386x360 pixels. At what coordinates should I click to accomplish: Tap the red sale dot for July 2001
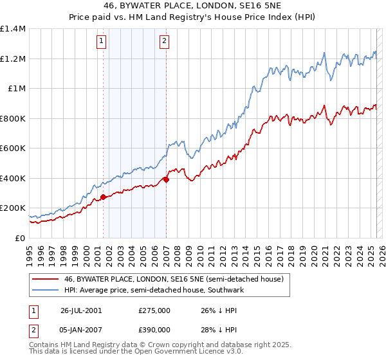[x=104, y=197]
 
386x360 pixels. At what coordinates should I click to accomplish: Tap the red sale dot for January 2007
[x=166, y=180]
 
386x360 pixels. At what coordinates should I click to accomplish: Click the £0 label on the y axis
[x=19, y=238]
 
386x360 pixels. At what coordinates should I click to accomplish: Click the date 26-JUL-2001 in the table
[x=81, y=310]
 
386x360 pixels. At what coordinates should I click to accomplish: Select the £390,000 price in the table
[x=154, y=329]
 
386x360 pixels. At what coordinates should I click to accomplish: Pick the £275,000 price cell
[x=154, y=310]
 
